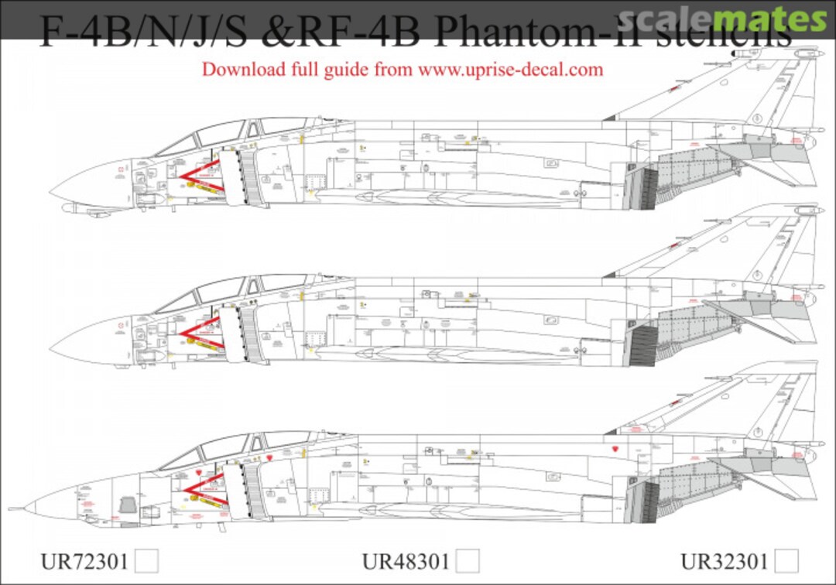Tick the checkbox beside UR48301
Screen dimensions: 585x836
[x=468, y=559]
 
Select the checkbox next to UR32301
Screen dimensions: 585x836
[x=787, y=559]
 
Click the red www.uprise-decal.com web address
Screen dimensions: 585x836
[x=510, y=69]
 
